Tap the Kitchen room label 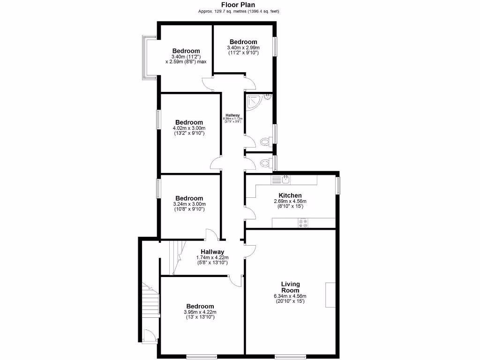pos(290,195)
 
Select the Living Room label pos(290,287)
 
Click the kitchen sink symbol pos(281,179)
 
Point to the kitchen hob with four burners pos(303,223)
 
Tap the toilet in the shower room pos(265,140)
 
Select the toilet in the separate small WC pos(265,163)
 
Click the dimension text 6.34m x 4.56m pos(290,296)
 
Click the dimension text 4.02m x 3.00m pos(189,128)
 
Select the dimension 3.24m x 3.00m pos(189,204)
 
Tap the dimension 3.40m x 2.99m pos(243,48)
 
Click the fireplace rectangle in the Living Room pos(331,295)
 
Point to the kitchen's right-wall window pos(337,184)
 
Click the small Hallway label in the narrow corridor pos(232,115)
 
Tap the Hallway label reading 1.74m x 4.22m pos(212,257)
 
